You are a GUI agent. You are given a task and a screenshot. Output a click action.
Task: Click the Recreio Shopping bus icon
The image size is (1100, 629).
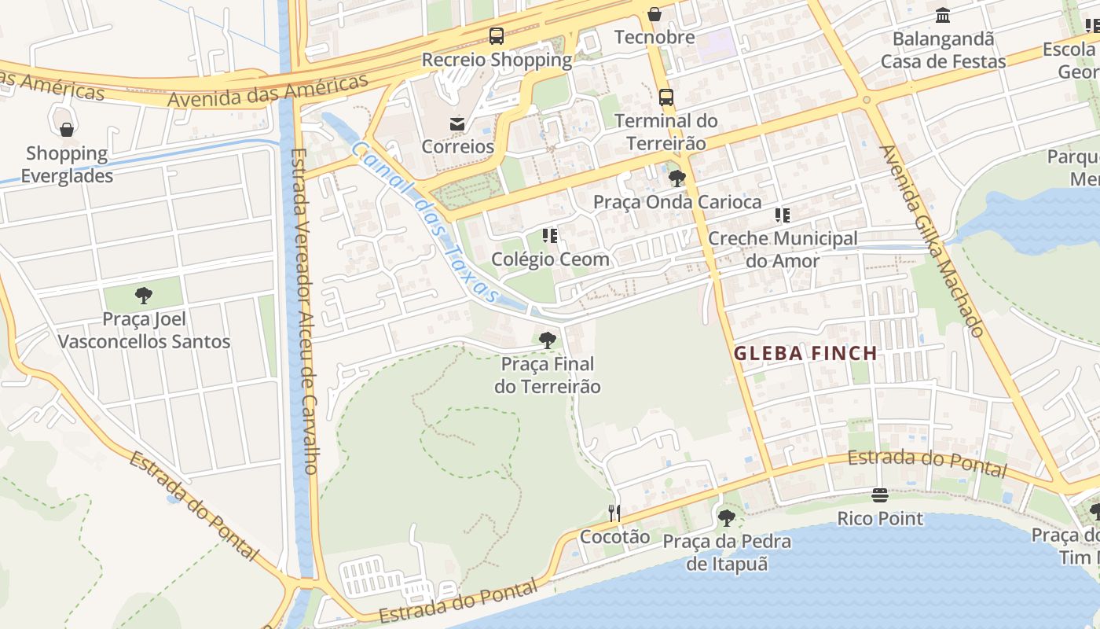[497, 35]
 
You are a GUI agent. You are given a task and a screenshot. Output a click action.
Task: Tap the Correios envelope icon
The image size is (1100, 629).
[456, 123]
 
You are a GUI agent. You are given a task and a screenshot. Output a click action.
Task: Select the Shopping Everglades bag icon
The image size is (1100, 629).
[67, 130]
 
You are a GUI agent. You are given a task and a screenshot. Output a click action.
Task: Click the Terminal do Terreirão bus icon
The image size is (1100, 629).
[666, 97]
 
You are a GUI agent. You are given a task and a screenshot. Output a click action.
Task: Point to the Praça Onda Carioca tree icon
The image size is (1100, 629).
[676, 178]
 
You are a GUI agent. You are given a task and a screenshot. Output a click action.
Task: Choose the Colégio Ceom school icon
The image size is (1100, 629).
[550, 236]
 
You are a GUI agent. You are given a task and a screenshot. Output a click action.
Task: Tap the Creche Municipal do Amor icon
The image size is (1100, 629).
[783, 215]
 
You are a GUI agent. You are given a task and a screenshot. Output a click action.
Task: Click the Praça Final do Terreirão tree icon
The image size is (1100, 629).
[548, 340]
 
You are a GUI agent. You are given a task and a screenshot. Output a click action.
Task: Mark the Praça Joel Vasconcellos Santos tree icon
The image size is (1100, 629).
[144, 296]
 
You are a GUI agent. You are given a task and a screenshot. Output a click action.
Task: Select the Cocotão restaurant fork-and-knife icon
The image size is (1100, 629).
[614, 513]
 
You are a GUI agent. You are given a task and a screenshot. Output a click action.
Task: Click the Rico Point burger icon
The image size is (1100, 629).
[880, 495]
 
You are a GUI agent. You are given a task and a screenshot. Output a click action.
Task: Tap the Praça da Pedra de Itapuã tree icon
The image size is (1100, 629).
[727, 518]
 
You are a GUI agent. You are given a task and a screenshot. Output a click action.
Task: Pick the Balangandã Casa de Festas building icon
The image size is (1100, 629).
[943, 16]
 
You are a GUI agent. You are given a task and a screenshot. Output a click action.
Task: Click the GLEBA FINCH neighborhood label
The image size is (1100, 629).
[805, 354]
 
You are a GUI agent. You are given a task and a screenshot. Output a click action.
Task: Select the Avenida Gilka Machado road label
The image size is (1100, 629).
[932, 241]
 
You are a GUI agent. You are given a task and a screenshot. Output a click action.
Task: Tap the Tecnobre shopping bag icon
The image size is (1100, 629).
[654, 14]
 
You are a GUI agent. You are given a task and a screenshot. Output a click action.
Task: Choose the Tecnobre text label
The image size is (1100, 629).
[654, 37]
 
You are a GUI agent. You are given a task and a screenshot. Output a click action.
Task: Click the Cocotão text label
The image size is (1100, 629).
[615, 537]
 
